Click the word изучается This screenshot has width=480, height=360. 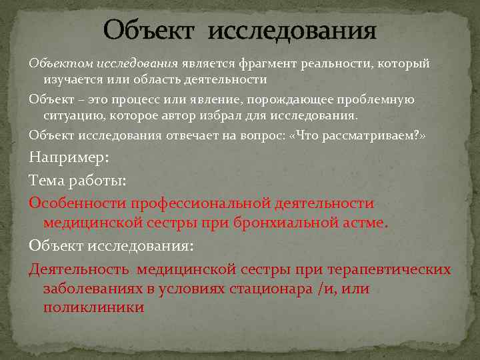click(72, 80)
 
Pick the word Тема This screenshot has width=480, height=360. click(46, 180)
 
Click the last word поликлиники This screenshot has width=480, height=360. click(93, 307)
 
